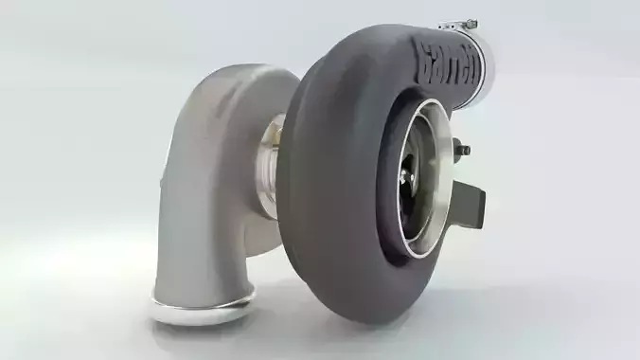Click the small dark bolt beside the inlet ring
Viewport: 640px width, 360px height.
click(461, 148)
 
